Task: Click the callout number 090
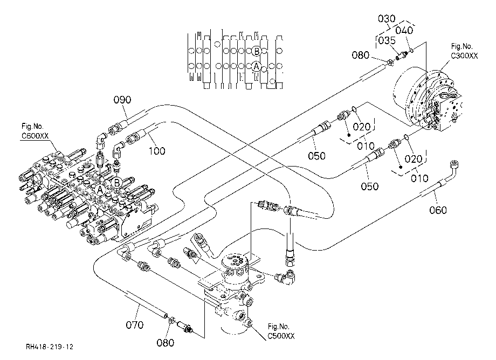click(122, 100)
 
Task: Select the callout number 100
click(157, 151)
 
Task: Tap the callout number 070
click(134, 324)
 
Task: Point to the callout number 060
click(438, 210)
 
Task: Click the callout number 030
click(387, 19)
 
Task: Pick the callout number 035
click(387, 40)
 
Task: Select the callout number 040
click(404, 30)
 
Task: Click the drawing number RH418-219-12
click(50, 347)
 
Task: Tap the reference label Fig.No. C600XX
click(35, 131)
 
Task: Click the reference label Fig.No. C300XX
click(464, 51)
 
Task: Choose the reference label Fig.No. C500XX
click(281, 331)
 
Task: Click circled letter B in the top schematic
click(257, 51)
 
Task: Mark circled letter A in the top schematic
click(256, 66)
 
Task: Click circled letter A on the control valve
click(100, 190)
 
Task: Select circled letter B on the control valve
click(117, 182)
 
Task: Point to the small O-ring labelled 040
click(411, 50)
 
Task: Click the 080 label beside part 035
click(360, 56)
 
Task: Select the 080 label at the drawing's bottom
click(165, 343)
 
